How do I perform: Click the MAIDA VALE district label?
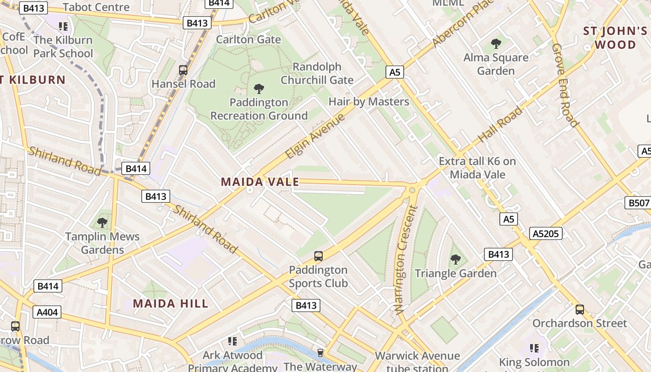(x=260, y=182)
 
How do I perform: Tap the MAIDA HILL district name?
(x=171, y=304)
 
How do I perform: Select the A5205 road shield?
(x=545, y=233)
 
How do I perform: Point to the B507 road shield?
(x=638, y=203)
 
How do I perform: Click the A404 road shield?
(x=47, y=312)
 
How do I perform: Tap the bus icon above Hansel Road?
(x=183, y=70)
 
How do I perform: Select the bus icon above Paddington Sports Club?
(x=319, y=256)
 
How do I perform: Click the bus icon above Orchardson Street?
(x=579, y=309)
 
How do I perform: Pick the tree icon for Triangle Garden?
(x=456, y=259)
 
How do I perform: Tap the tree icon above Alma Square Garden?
(x=496, y=44)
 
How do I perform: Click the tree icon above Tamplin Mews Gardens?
(x=102, y=223)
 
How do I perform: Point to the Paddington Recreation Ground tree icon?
(x=259, y=88)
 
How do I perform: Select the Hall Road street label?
(x=500, y=124)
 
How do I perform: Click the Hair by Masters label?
(x=369, y=101)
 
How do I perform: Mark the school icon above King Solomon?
(x=534, y=348)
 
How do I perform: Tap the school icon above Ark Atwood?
(x=232, y=341)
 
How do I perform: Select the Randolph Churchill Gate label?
(x=317, y=73)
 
